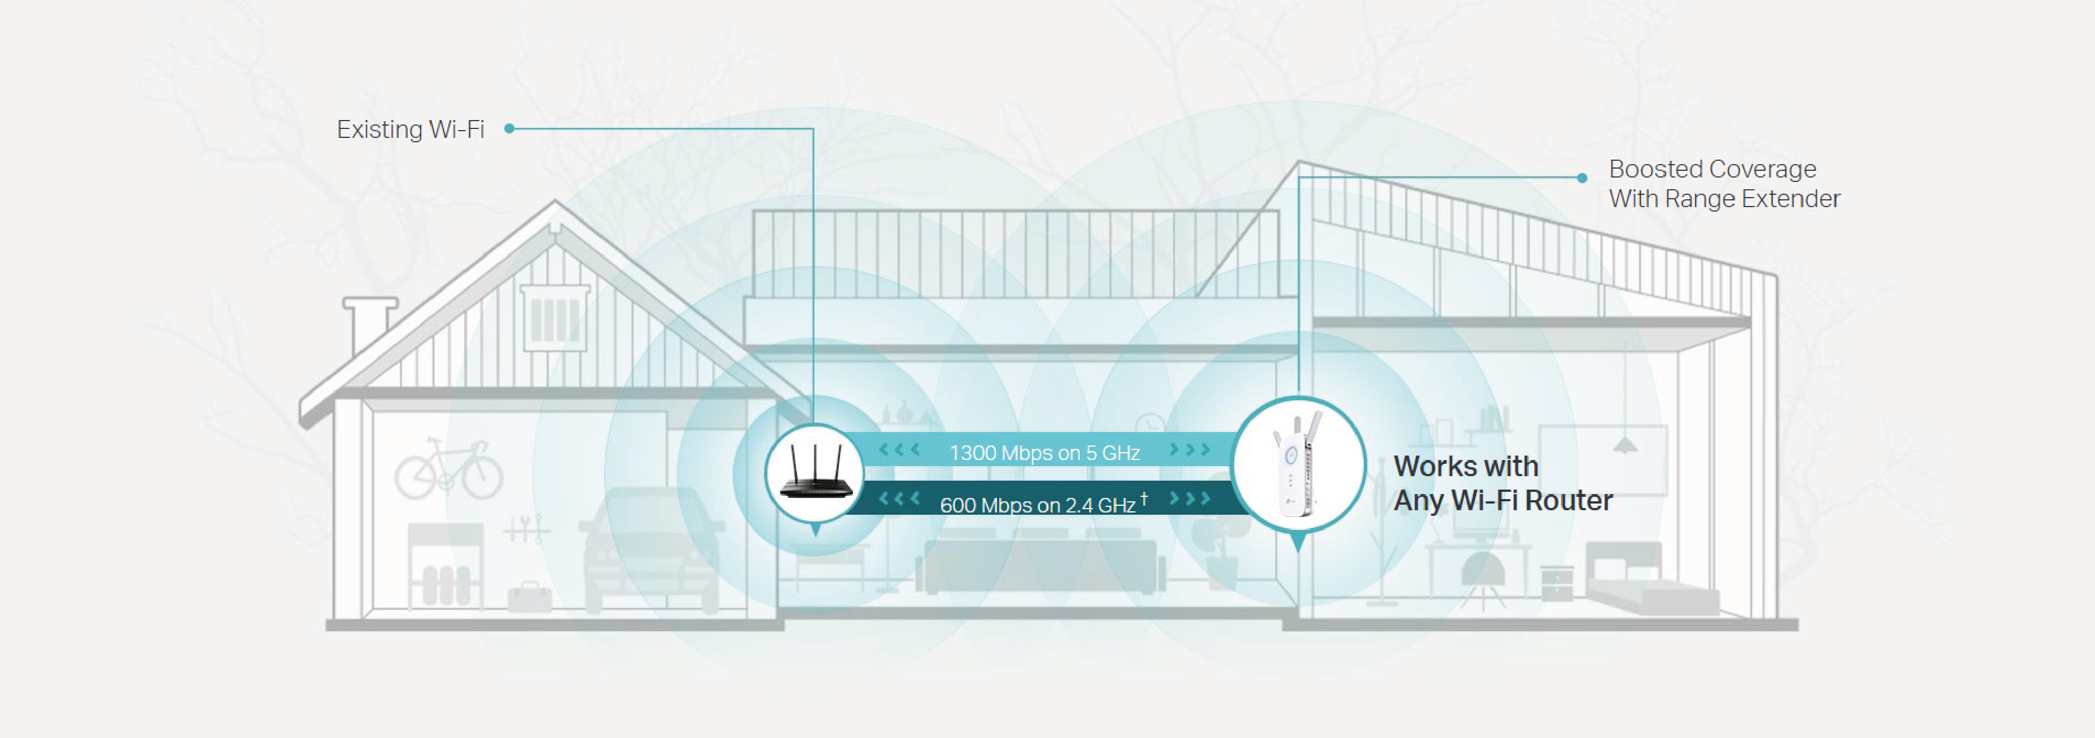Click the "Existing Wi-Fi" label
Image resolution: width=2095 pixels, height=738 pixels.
coord(410,129)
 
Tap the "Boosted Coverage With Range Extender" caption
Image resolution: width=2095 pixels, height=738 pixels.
coord(1724,184)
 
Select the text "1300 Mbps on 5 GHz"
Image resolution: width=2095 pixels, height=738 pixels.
coord(1044,453)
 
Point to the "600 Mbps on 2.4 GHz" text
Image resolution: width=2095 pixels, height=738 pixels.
coord(1037,505)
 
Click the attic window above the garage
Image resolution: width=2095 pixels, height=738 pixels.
coord(556,318)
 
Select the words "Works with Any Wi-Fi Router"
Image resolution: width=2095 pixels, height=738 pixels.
coord(1502,483)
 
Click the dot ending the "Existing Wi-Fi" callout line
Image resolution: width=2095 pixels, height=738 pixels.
coord(509,128)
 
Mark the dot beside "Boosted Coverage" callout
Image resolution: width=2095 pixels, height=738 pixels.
coord(1582,177)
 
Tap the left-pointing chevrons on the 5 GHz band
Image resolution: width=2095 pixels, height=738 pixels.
coord(899,449)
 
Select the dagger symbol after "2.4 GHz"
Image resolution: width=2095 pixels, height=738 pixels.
coord(1144,498)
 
